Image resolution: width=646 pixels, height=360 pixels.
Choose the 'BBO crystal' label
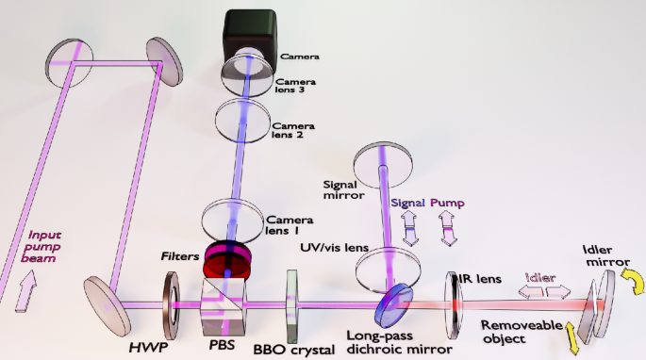(293, 350)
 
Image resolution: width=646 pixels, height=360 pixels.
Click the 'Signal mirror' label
(345, 191)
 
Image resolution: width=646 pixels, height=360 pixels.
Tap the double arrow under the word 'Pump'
(448, 228)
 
